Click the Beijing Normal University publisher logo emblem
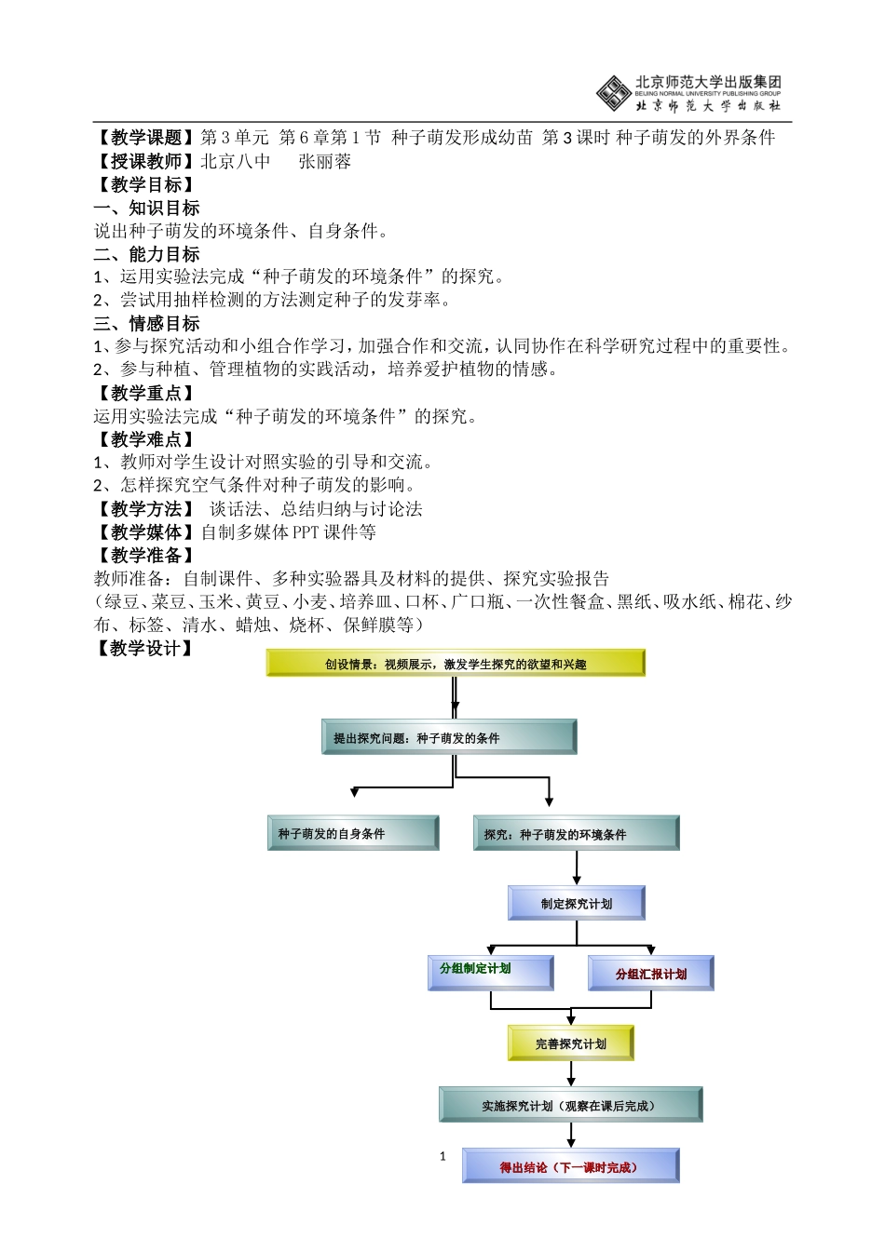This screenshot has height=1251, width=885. [613, 93]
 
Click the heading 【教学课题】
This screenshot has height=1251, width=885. [146, 138]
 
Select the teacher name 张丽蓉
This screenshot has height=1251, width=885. [325, 161]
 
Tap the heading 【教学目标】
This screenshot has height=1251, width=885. [146, 184]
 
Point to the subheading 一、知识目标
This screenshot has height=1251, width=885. [147, 208]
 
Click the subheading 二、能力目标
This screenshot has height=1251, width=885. [147, 254]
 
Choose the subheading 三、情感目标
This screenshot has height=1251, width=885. [147, 323]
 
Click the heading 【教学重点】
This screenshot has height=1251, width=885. [146, 393]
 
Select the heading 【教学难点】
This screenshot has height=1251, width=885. [146, 439]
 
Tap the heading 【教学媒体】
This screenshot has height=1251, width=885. [146, 532]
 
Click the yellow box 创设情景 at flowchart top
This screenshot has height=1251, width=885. [456, 664]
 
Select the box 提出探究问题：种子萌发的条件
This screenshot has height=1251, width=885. [449, 737]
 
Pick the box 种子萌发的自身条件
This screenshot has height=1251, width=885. [353, 833]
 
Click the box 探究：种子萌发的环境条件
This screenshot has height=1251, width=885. [576, 834]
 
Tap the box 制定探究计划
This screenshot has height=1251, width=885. [577, 903]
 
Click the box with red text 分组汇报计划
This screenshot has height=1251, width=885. [651, 974]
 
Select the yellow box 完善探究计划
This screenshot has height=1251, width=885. [571, 1043]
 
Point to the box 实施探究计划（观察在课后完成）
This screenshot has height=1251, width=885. [570, 1105]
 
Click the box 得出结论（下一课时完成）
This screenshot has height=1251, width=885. [570, 1166]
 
